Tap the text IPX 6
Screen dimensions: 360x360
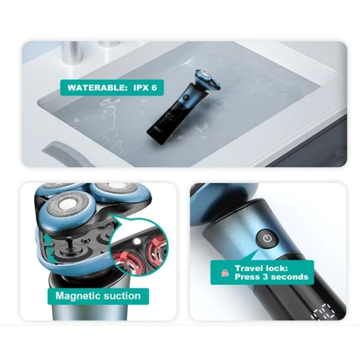(x=145, y=88)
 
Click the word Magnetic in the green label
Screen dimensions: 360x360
(x=78, y=296)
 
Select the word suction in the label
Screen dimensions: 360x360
(x=122, y=296)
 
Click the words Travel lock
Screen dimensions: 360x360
(x=261, y=268)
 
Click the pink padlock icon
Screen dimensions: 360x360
(x=225, y=272)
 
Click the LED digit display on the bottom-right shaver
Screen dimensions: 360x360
(x=323, y=312)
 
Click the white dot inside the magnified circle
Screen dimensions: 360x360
(x=137, y=241)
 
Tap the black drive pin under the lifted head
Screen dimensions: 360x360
(x=69, y=246)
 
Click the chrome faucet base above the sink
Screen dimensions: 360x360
(x=72, y=53)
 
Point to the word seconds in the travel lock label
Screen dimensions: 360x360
(x=289, y=277)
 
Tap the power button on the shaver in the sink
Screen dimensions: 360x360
(x=185, y=98)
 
